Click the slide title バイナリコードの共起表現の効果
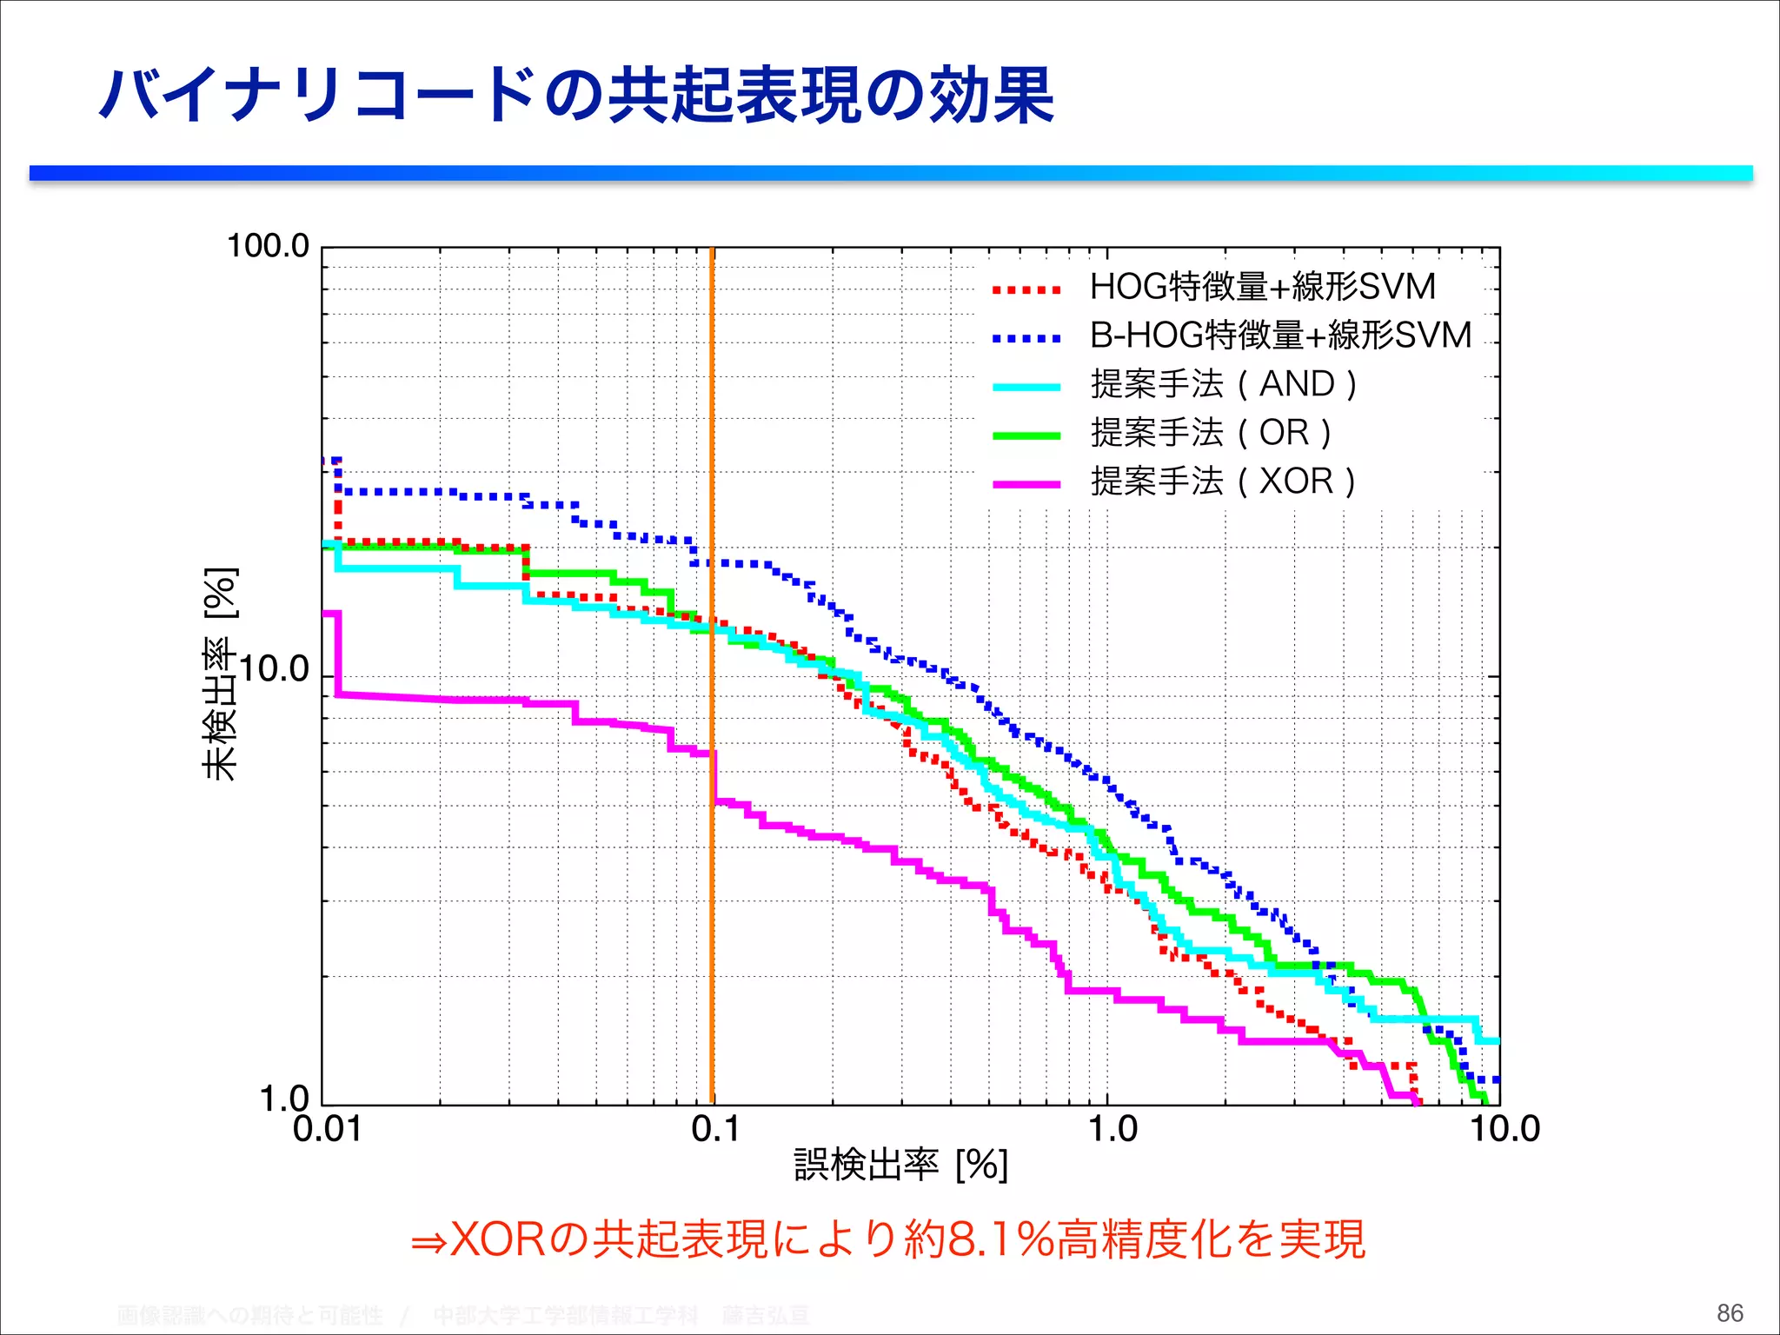(x=576, y=96)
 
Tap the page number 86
(x=1730, y=1312)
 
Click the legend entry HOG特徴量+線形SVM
(x=1262, y=287)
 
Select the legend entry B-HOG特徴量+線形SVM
(x=1280, y=335)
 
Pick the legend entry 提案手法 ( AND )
(x=1224, y=384)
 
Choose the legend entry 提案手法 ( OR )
(x=1211, y=433)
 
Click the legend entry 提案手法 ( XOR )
(x=1223, y=482)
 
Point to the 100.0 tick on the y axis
(x=268, y=246)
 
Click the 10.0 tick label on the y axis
(x=274, y=669)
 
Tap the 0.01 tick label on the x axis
(x=327, y=1130)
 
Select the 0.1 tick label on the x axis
(x=715, y=1130)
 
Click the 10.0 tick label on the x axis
(x=1504, y=1130)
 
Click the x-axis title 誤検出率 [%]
(x=900, y=1166)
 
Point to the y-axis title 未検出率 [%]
(x=220, y=674)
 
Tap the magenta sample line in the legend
(x=1026, y=484)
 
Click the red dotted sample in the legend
(x=1026, y=290)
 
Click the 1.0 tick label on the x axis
(x=1112, y=1130)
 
